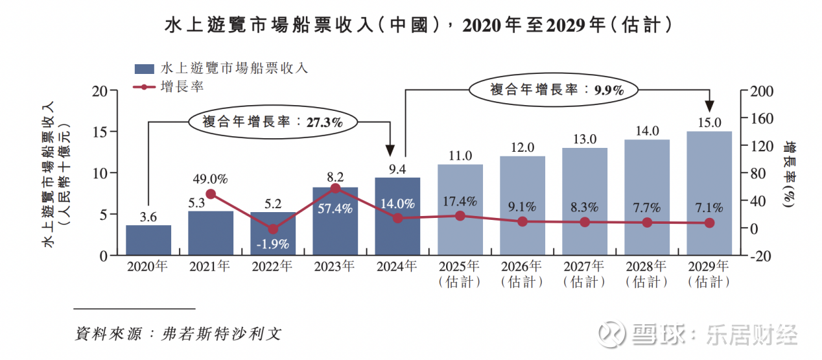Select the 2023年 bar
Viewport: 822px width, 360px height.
[x=335, y=221]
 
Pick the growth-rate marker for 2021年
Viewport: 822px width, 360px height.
[x=211, y=194]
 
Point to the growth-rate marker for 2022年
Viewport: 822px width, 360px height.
[x=273, y=229]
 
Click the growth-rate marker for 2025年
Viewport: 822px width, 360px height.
[x=460, y=215]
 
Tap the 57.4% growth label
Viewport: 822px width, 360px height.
[x=335, y=208]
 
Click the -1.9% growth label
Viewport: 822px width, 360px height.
[x=273, y=245]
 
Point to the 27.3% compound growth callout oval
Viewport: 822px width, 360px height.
[x=273, y=121]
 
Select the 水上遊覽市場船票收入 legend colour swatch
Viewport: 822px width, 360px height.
[x=144, y=68]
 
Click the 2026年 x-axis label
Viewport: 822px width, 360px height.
[x=522, y=267]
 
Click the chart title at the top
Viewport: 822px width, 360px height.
[x=410, y=25]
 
